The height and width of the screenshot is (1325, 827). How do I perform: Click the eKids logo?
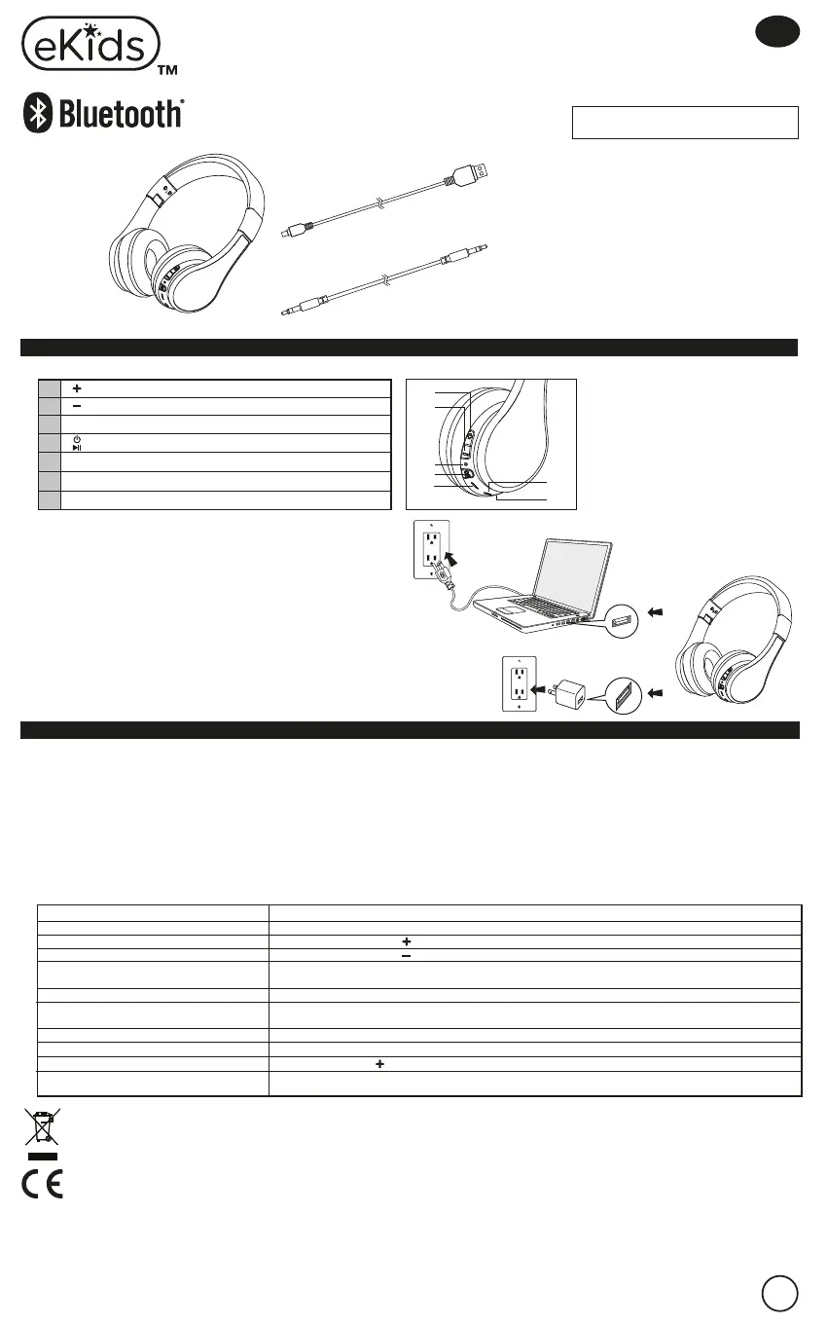(x=90, y=45)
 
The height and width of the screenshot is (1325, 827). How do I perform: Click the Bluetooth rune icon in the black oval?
(x=38, y=115)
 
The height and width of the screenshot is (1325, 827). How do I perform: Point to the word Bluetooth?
(x=121, y=115)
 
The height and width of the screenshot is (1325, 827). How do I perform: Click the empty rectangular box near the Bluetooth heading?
(x=685, y=123)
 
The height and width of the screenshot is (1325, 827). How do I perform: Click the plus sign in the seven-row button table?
(x=76, y=387)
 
